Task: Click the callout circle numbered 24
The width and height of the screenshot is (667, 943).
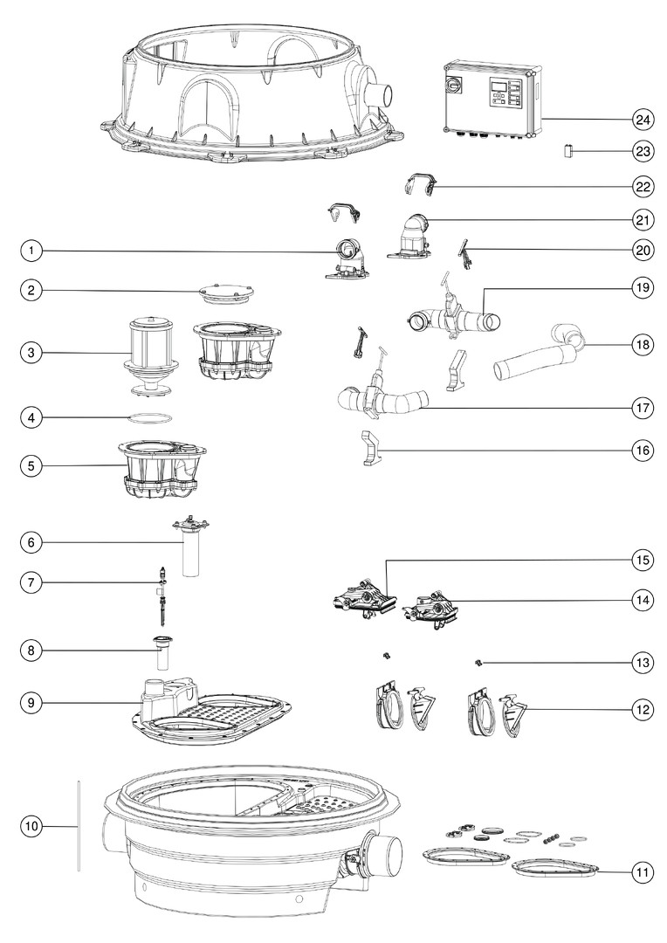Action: [x=643, y=120]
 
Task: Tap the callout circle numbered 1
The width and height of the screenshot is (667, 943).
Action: [x=31, y=251]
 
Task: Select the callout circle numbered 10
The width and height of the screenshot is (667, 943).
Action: [x=31, y=826]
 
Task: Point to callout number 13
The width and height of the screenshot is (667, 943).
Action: [x=643, y=663]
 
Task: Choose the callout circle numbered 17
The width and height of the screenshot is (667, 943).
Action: [x=643, y=409]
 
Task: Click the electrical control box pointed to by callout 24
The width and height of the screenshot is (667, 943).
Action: [x=492, y=99]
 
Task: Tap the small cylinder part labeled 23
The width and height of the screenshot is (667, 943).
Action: [x=567, y=150]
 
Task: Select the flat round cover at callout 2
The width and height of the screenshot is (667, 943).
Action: [x=225, y=293]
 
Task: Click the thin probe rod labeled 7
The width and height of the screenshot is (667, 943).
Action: [x=162, y=596]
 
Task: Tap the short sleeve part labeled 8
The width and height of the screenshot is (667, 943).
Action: [x=162, y=652]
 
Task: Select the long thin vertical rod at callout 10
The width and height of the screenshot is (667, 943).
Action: [x=79, y=825]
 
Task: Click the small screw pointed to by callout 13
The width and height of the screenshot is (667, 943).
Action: [x=479, y=663]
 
